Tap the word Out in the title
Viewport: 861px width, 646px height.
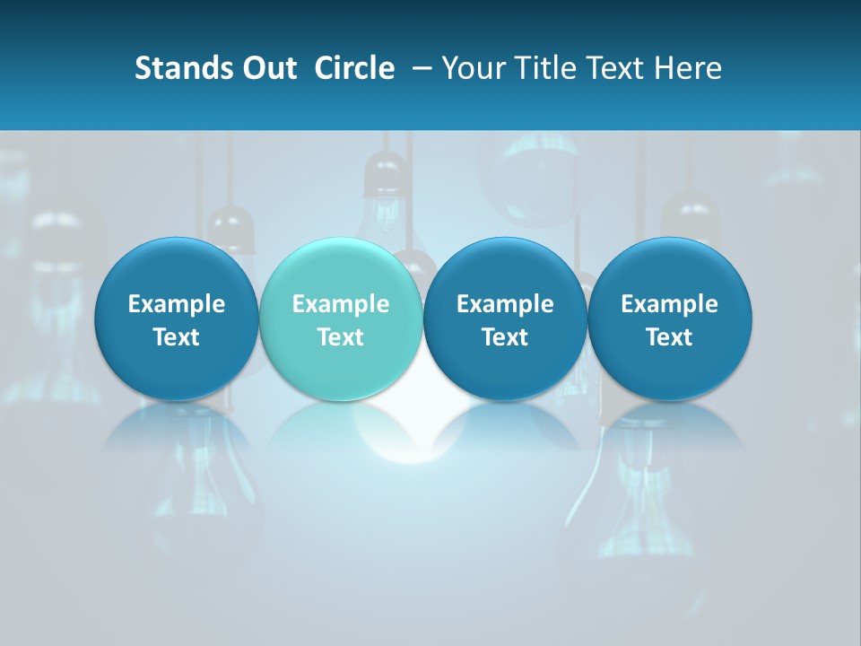tap(267, 68)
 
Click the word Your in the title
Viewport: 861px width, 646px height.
tap(472, 68)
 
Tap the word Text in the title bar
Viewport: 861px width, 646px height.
tap(613, 68)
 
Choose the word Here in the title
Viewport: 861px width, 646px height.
tap(689, 68)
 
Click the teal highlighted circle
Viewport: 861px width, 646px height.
tap(340, 319)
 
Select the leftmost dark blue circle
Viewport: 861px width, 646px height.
tap(176, 319)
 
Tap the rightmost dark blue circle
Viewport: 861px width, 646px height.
tap(669, 319)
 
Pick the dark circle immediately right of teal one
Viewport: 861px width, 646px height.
tap(505, 319)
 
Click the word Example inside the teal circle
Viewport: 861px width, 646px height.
tap(341, 304)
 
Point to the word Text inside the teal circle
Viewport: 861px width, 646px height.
tap(341, 337)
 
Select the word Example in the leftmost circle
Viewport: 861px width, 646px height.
tap(177, 304)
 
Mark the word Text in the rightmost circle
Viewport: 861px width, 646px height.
tap(669, 337)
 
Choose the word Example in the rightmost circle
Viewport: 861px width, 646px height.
tap(669, 304)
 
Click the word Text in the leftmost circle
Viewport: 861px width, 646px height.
tap(177, 337)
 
